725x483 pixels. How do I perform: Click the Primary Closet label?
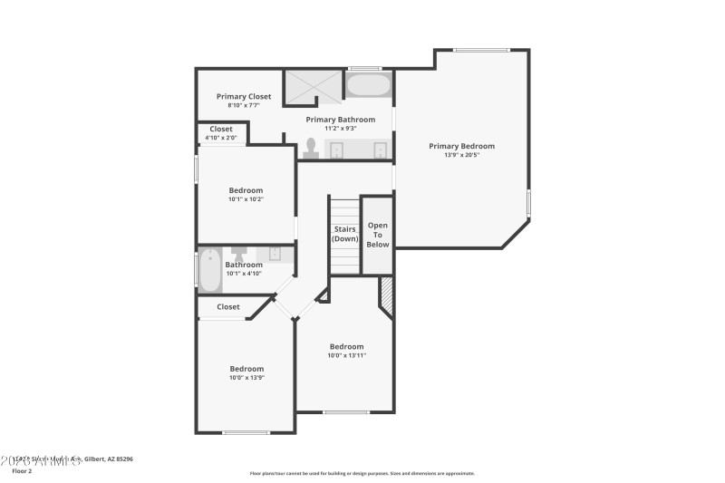244,96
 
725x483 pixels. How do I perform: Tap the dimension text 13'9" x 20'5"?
462,155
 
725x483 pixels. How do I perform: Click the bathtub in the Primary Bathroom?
368,87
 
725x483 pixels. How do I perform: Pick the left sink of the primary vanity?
335,150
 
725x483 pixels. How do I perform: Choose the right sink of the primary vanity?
381,150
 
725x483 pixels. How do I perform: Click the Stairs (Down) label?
344,234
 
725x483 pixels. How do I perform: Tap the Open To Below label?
378,235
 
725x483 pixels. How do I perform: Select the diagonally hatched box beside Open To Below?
386,295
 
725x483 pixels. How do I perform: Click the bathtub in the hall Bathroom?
209,270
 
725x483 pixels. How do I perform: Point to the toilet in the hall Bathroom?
239,253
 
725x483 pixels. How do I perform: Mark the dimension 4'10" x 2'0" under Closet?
220,138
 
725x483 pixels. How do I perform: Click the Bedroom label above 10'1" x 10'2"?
246,190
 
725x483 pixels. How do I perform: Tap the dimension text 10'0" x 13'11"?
346,355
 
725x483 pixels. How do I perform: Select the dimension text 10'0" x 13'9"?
246,377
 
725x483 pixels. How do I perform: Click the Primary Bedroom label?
462,146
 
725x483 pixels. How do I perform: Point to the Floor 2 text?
22,471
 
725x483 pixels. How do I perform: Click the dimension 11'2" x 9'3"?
340,128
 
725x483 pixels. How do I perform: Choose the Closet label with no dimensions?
228,307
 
